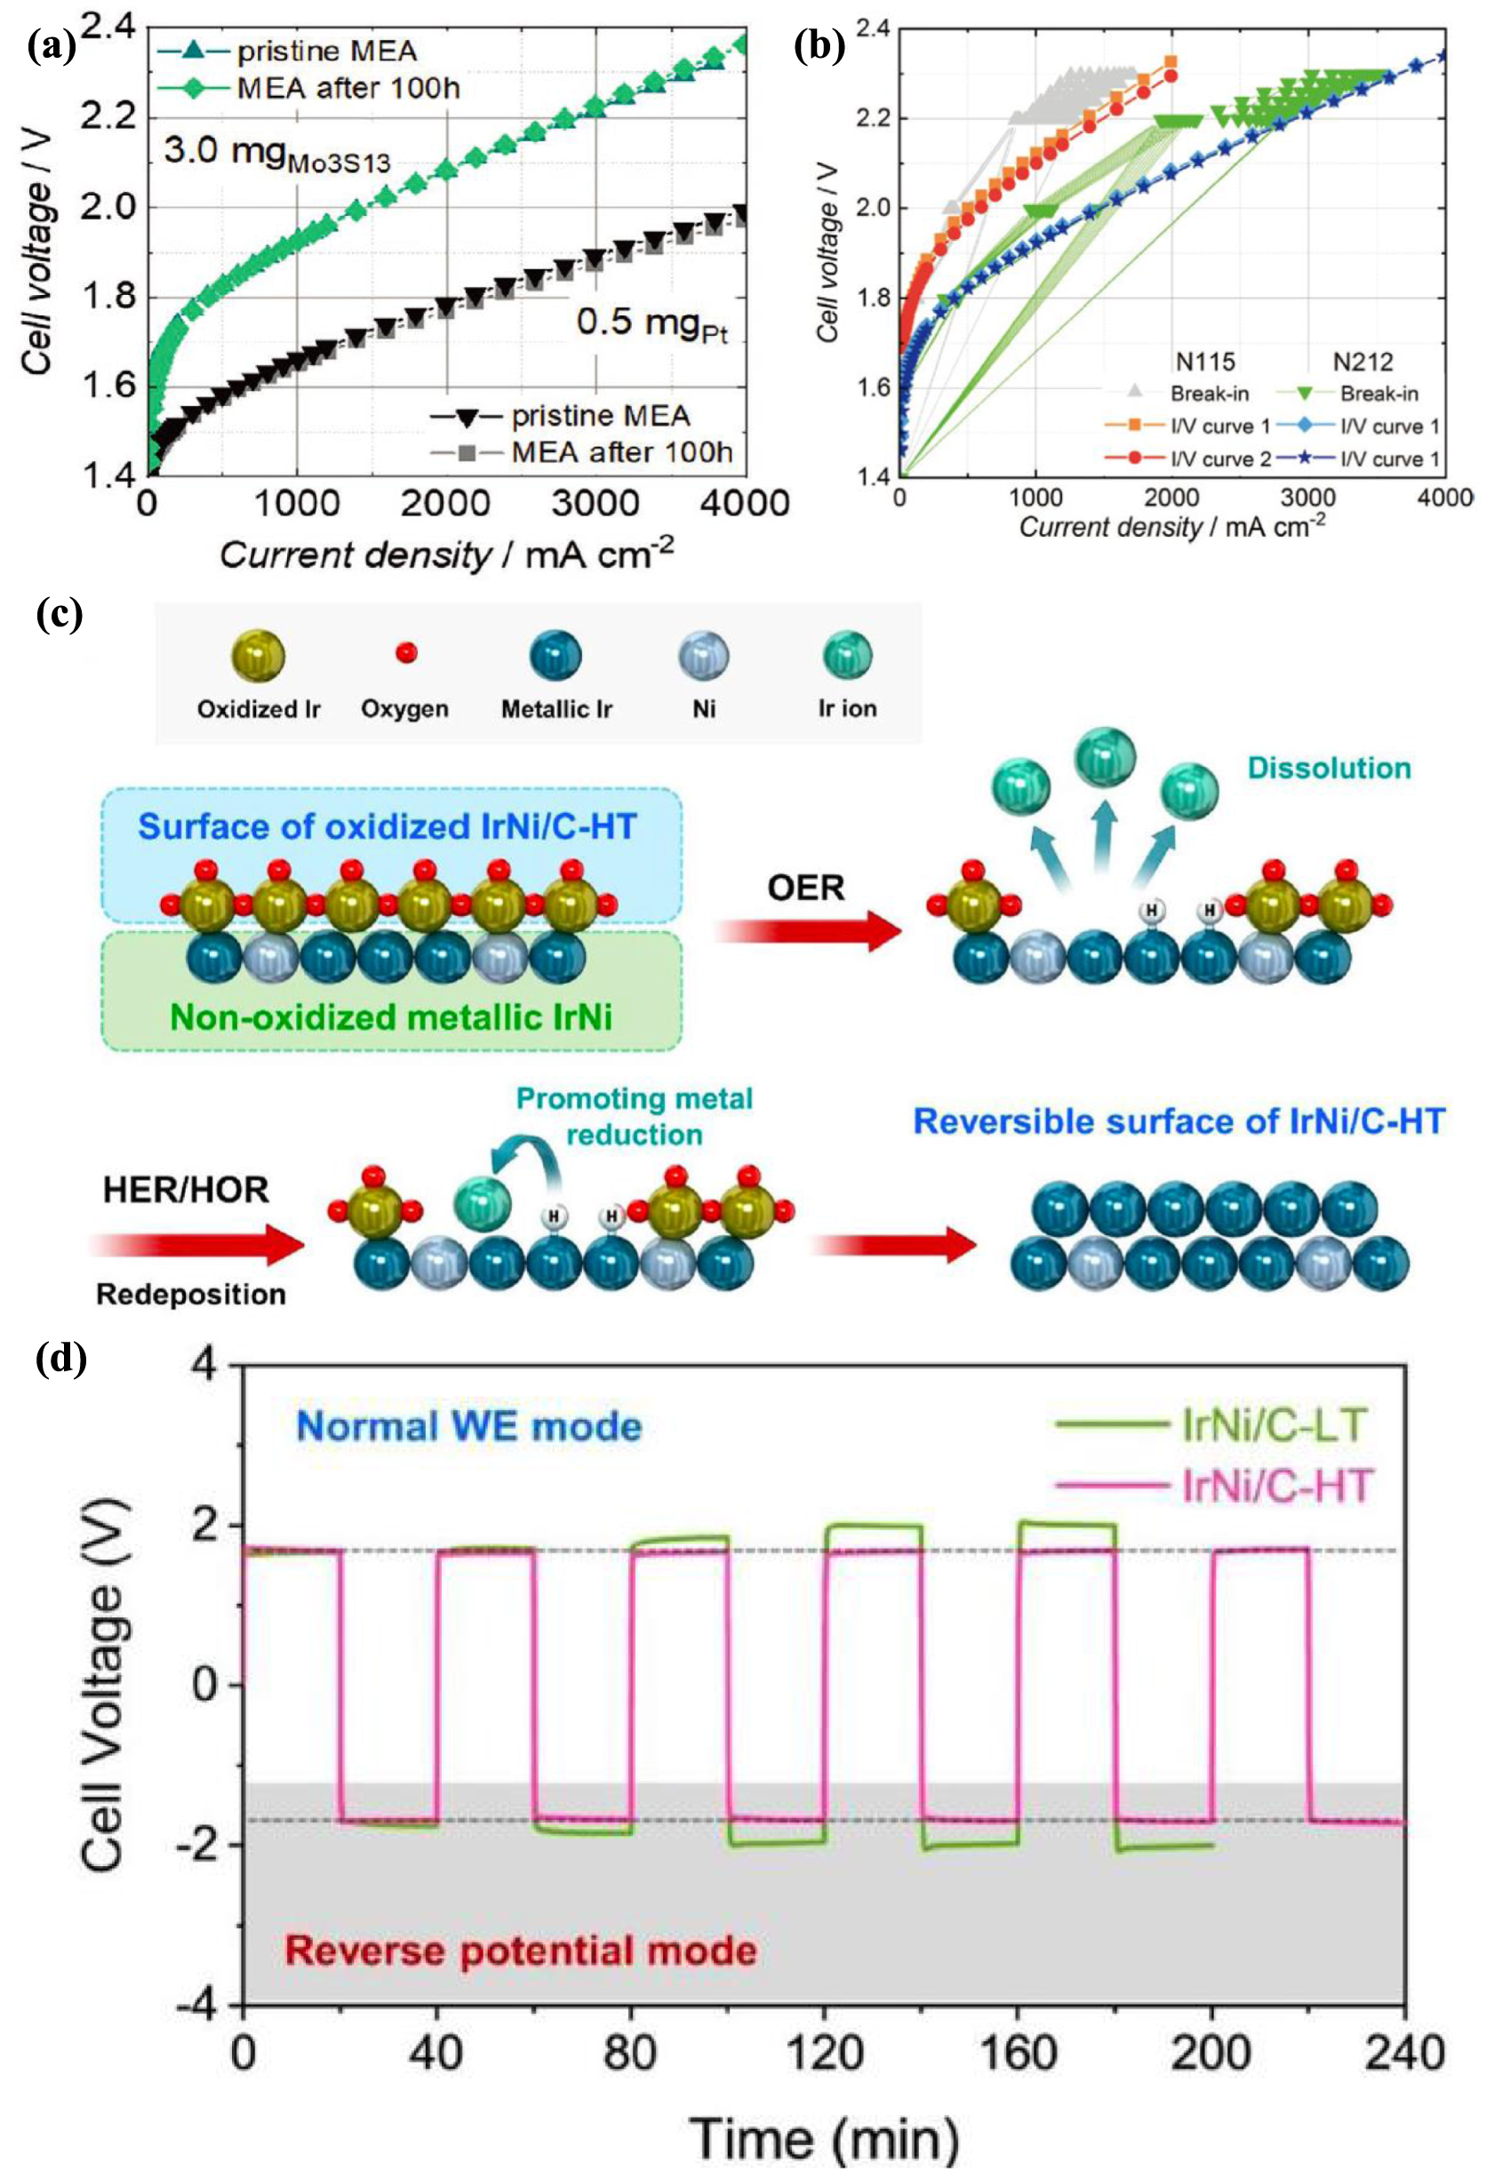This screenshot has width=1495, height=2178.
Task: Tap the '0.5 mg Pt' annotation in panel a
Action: point(651,325)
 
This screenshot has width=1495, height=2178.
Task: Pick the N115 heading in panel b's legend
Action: point(1204,361)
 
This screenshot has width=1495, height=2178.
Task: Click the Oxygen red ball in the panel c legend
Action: point(406,652)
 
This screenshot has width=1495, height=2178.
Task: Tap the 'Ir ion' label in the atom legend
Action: point(846,708)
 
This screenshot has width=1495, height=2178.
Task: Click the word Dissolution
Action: point(1328,769)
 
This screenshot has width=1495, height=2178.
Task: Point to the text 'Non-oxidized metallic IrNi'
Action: point(391,1017)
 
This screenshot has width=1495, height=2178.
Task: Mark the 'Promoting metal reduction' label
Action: point(635,1116)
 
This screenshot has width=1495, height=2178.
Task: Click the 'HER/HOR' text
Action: point(186,1190)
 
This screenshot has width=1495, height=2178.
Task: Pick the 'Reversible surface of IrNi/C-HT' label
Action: point(1179,1121)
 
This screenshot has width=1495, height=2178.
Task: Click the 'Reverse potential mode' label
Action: point(521,1951)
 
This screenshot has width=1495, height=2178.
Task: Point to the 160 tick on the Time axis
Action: point(1016,2054)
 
